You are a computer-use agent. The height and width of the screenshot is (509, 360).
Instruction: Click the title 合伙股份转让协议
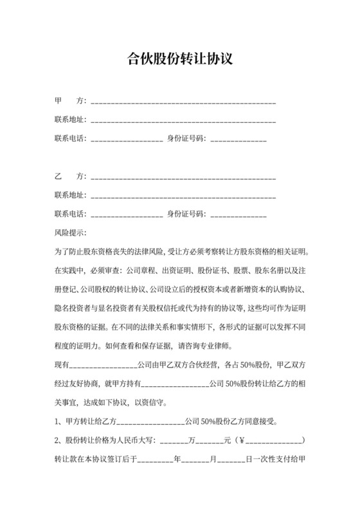(x=179, y=59)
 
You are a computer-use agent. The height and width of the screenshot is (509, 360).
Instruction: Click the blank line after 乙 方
(x=184, y=176)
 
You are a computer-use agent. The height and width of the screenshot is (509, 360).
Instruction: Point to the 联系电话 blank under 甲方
(x=127, y=139)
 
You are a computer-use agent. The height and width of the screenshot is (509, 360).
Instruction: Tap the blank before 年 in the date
(x=155, y=460)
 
